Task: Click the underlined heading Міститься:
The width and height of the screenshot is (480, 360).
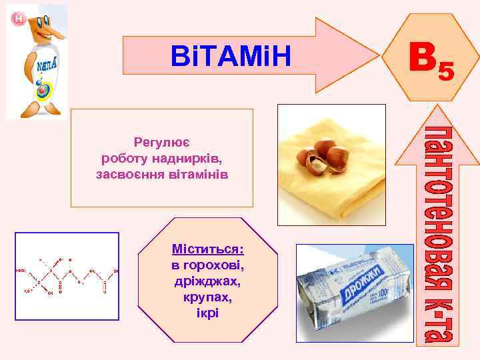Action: (x=207, y=249)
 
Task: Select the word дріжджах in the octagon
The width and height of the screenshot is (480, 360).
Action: (x=207, y=281)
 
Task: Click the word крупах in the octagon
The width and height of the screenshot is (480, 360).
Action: (x=207, y=297)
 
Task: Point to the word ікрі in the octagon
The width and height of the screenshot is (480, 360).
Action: (x=207, y=313)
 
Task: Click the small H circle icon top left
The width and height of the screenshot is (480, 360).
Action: (x=18, y=19)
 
